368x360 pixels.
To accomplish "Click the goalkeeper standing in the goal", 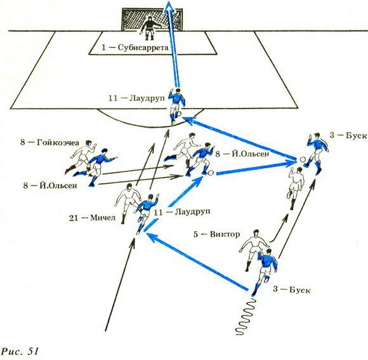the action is coord(150,28).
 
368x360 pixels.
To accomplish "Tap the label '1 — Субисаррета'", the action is coord(135,48).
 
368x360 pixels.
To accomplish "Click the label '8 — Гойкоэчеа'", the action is coord(49,142).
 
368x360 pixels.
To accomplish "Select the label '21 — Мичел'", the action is coord(92,218).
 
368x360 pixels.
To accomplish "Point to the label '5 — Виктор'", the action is coord(216,234).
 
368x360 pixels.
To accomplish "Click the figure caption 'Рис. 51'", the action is coord(20,351).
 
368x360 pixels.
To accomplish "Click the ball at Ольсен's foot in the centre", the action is coord(211,173).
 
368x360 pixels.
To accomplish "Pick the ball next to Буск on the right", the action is coord(303,159).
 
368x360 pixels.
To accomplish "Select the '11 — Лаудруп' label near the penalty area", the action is coord(136,98).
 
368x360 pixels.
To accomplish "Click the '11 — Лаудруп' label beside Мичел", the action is coord(182,212).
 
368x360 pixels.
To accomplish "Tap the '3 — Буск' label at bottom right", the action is coord(291,290).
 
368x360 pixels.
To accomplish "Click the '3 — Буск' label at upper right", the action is coord(348,135).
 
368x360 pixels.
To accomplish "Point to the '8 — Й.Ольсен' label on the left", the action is coord(50,185).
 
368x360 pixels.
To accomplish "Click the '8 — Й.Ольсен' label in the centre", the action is coord(242,154).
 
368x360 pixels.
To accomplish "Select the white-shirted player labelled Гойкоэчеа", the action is coord(81,156).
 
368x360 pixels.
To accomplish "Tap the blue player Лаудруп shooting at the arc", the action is coord(176,106).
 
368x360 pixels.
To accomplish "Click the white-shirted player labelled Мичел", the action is coord(128,203).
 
